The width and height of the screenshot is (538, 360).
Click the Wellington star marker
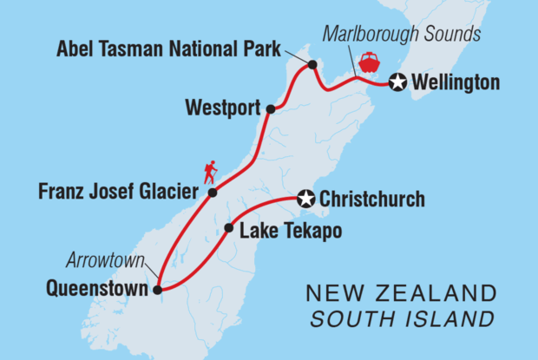click(397, 82)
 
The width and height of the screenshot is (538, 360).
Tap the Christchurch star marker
click(305, 200)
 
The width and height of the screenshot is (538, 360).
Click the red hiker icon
click(209, 172)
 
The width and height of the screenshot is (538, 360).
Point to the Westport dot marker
click(271, 109)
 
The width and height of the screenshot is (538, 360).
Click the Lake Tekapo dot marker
click(228, 230)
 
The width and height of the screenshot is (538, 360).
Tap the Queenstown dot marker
click(157, 291)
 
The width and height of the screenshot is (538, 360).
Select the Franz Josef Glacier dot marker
click(211, 193)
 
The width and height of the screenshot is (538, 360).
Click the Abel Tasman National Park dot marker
click(312, 64)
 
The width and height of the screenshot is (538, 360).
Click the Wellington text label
click(456, 83)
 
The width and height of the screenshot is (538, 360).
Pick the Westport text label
click(223, 109)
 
